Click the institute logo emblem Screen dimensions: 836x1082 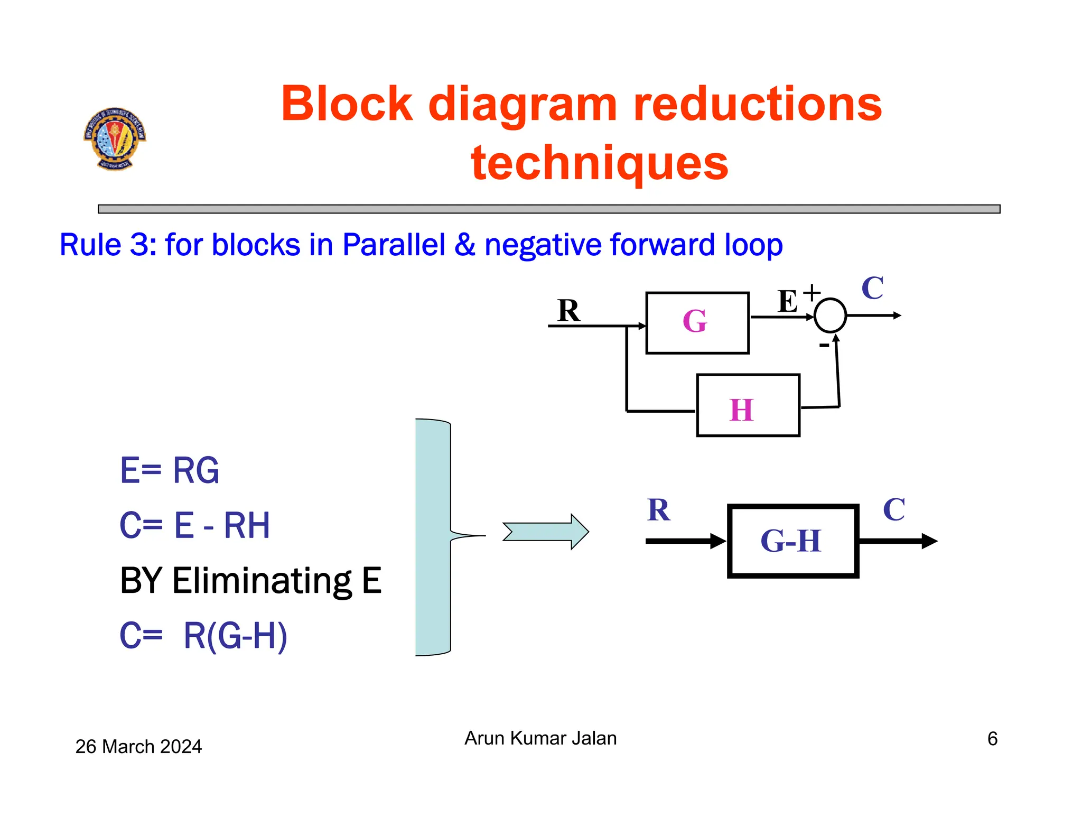(115, 138)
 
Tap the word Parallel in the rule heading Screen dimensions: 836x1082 (394, 245)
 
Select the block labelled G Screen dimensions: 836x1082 (697, 323)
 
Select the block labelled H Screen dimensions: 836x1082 (748, 406)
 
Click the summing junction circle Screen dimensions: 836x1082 (830, 315)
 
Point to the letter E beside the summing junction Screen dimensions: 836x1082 (788, 302)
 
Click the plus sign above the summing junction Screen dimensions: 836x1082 (811, 292)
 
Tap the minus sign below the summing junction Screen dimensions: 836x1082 (824, 346)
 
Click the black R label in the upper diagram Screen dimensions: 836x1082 (568, 310)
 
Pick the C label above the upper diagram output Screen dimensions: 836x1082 (872, 289)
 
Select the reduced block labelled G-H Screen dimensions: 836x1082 (792, 541)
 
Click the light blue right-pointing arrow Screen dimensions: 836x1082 (546, 532)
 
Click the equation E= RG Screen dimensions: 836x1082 (169, 470)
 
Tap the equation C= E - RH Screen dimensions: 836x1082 (194, 526)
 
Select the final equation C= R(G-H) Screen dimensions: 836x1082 (203, 636)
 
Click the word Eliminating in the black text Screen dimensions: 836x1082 (262, 581)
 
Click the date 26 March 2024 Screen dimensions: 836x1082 (138, 747)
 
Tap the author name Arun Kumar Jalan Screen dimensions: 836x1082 (540, 738)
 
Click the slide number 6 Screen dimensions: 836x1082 (992, 739)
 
